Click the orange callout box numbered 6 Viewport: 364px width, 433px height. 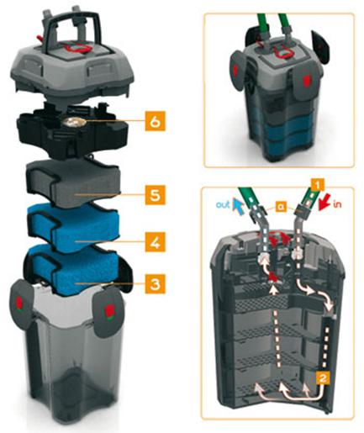coord(155,121)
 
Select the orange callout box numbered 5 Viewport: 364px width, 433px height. coord(155,194)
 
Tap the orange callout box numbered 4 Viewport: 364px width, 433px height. coord(155,242)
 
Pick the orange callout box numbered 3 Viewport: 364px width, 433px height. coord(155,283)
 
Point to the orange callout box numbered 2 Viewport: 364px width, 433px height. coord(323,378)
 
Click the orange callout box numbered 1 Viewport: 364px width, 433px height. coord(317,186)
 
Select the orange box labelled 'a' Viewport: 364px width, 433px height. coord(281,206)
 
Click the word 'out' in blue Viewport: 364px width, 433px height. coord(223,204)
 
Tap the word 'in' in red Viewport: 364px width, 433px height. coord(337,203)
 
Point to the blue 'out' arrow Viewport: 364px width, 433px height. coord(236,204)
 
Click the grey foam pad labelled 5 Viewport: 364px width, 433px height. coord(73,184)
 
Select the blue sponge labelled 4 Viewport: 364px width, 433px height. coord(74,227)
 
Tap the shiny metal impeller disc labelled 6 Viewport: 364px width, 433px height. coord(73,122)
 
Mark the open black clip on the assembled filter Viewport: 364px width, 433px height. coord(320,47)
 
